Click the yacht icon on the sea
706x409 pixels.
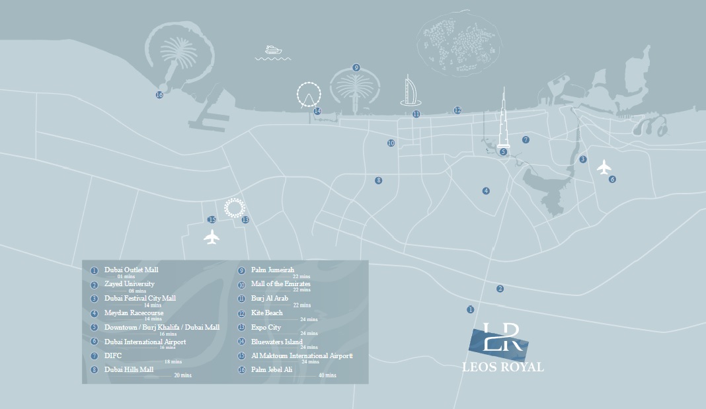273,50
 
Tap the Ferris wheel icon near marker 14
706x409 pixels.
307,94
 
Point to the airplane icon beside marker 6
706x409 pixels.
604,167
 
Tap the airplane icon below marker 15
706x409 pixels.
212,236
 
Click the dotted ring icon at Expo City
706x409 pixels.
233,208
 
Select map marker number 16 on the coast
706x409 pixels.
159,95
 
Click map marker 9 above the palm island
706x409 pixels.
356,67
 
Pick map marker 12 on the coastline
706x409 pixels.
457,110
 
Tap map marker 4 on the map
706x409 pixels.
486,191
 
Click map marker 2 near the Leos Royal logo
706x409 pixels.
500,289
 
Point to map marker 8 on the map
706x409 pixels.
378,180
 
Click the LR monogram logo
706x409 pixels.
499,340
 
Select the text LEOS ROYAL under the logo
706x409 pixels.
504,367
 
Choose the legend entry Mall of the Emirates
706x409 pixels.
280,284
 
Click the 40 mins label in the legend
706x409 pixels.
327,375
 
